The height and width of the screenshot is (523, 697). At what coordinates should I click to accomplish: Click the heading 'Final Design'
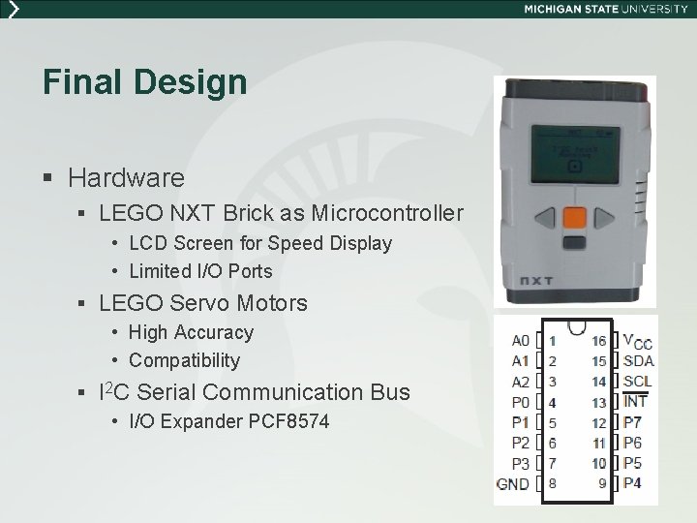(x=144, y=81)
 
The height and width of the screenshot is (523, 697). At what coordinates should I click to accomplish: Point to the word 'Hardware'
(x=126, y=177)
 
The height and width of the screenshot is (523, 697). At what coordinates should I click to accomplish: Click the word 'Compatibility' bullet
(x=184, y=360)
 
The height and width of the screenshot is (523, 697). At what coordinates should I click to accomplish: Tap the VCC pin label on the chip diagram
(x=637, y=342)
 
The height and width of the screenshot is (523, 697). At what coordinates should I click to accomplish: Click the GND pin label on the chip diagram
(x=512, y=482)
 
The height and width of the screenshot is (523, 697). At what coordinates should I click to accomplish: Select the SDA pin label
(x=638, y=361)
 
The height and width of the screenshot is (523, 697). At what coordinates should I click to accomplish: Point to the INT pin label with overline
(x=635, y=402)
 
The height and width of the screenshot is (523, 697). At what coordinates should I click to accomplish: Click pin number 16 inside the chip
(x=598, y=341)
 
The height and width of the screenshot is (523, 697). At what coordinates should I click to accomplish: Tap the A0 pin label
(x=521, y=341)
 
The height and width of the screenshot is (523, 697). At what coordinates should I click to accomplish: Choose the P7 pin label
(x=632, y=422)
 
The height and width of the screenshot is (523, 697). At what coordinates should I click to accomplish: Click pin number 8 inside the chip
(x=552, y=482)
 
